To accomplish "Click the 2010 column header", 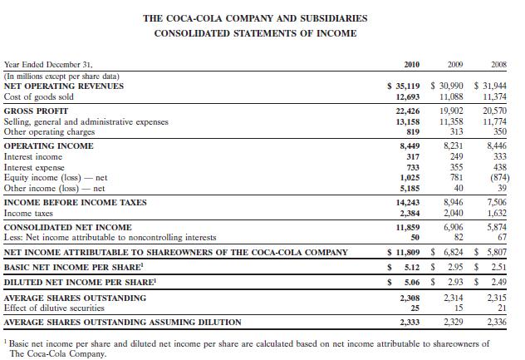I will point(410,63).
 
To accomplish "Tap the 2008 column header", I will point(498,63).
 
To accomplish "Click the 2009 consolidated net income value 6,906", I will point(454,226).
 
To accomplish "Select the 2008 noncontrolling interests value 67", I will point(503,237).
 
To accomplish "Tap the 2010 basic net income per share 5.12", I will point(415,268).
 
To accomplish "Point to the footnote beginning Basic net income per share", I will point(249,348).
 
